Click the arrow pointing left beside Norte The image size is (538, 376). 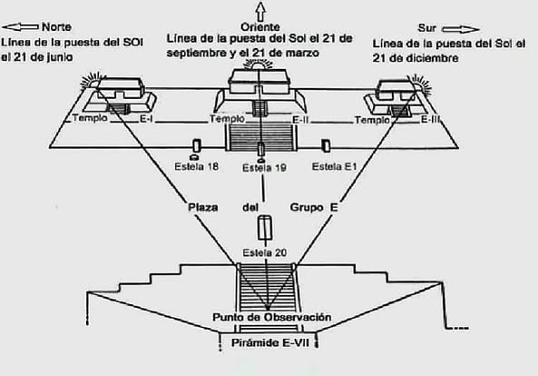tap(21, 26)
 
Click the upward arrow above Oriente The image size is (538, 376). tap(260, 11)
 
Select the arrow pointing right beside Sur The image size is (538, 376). tap(461, 29)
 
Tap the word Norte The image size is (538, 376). tap(56, 26)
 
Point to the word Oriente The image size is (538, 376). tap(260, 26)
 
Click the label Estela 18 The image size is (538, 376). tap(196, 166)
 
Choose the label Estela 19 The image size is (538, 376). tap(264, 168)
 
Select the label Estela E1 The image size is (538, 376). tap(335, 166)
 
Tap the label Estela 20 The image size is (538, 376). tap(265, 252)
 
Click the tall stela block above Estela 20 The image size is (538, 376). tap(265, 227)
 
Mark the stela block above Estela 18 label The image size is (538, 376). tap(196, 145)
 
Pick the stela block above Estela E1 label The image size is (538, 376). tap(326, 145)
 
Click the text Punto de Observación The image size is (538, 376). tap(272, 317)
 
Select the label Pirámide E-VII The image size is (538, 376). tap(270, 342)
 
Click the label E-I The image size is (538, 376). tap(146, 119)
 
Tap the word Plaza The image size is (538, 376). tap(203, 207)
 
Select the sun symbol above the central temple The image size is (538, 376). tap(259, 64)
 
